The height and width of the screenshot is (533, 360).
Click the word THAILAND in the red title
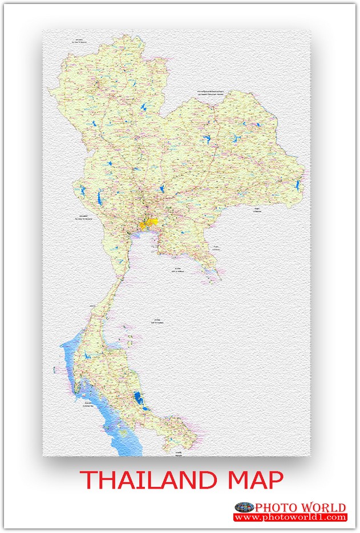pos(150,480)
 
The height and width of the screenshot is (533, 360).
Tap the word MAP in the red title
pos(256,480)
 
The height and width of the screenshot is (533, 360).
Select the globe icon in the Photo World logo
pos(244,507)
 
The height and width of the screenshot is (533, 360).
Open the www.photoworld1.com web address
pos(290,518)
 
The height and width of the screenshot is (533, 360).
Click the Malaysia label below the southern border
pos(179,455)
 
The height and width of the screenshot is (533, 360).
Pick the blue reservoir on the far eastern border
pos(298,185)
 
